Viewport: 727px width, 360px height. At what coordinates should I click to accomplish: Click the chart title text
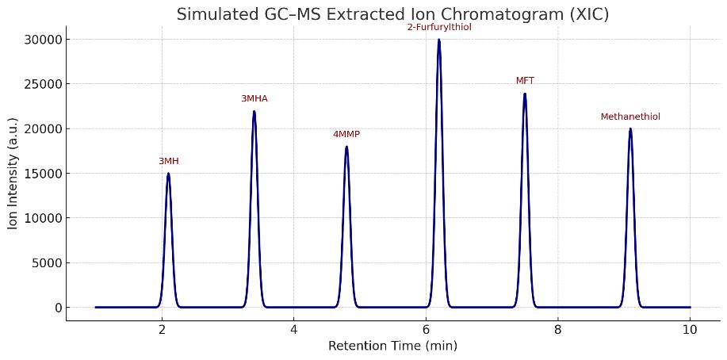click(x=392, y=14)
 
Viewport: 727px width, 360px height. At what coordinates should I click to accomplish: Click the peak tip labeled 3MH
click(x=168, y=174)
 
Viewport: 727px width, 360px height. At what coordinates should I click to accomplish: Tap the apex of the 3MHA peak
click(x=254, y=111)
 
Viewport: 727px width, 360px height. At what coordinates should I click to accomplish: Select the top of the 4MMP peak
click(x=346, y=147)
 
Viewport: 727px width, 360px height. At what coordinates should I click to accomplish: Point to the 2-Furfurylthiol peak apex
click(x=438, y=40)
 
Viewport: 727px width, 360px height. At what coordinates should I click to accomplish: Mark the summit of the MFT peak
click(x=525, y=94)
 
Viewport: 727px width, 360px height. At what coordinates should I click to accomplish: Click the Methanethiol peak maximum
click(x=630, y=129)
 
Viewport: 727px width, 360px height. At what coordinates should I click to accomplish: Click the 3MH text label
click(x=168, y=161)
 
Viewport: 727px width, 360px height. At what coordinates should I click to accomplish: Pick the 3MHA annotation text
click(x=254, y=98)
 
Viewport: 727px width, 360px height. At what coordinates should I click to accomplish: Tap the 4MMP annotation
click(x=346, y=134)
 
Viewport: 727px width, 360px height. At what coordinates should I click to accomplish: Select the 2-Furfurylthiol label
click(x=438, y=27)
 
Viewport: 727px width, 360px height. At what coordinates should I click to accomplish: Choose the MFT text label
click(x=525, y=81)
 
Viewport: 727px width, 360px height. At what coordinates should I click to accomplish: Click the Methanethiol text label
click(x=630, y=117)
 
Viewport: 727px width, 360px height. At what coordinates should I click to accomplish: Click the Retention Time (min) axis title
click(x=392, y=346)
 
